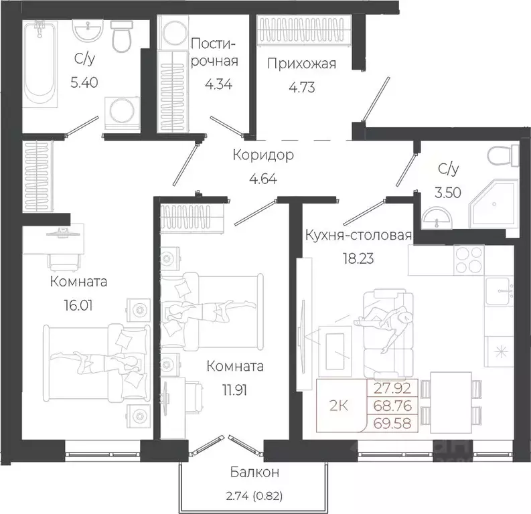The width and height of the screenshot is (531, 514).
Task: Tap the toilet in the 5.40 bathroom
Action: tap(122, 36)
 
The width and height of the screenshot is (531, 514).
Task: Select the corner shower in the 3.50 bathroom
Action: tap(494, 203)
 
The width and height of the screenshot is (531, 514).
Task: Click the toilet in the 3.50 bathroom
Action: tap(504, 156)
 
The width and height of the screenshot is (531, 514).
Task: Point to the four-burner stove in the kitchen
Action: tap(469, 260)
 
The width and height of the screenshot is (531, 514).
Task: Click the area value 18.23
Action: tap(358, 258)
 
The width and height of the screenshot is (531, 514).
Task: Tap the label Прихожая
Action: tap(302, 64)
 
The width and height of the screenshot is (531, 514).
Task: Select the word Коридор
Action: tap(263, 155)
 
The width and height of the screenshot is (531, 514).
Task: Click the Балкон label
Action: tap(254, 472)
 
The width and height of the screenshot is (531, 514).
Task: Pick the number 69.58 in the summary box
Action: tap(392, 423)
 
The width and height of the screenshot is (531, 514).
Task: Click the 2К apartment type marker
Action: tap(339, 406)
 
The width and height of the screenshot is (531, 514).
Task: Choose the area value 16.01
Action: tap(78, 305)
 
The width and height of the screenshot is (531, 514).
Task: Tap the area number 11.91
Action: tap(234, 390)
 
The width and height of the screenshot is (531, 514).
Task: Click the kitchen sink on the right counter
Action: tap(500, 291)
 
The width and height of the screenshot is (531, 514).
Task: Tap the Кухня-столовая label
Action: tap(359, 235)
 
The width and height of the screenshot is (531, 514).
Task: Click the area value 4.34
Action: tap(218, 84)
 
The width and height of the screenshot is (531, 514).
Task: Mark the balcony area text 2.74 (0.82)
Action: tap(254, 496)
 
